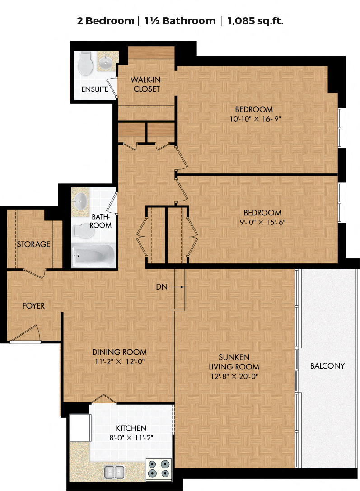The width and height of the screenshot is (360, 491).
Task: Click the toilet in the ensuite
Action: pyautogui.click(x=85, y=64)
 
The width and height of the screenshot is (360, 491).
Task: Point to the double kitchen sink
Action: pyautogui.click(x=114, y=472)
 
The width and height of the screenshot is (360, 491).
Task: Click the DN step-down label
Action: pyautogui.click(x=162, y=287)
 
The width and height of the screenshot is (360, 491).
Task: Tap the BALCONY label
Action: pyautogui.click(x=327, y=366)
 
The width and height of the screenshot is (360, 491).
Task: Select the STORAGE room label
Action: pyautogui.click(x=33, y=244)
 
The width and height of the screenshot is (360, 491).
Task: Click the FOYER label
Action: pyautogui.click(x=33, y=306)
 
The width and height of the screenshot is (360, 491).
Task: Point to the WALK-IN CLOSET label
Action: pyautogui.click(x=145, y=84)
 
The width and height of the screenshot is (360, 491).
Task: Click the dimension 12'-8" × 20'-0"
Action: pyautogui.click(x=234, y=376)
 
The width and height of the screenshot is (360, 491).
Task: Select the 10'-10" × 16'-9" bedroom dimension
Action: pyautogui.click(x=256, y=119)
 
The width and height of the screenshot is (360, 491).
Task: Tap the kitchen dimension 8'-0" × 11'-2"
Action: pyautogui.click(x=131, y=437)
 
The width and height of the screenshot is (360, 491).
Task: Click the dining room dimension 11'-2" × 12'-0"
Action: pyautogui.click(x=120, y=361)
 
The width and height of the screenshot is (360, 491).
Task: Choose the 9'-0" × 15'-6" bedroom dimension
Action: pyautogui.click(x=262, y=222)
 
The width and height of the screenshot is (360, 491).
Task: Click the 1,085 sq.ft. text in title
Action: pyautogui.click(x=256, y=21)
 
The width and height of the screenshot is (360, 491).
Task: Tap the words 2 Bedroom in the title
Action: pyautogui.click(x=106, y=21)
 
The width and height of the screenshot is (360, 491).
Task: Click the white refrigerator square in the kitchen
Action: pyautogui.click(x=80, y=428)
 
